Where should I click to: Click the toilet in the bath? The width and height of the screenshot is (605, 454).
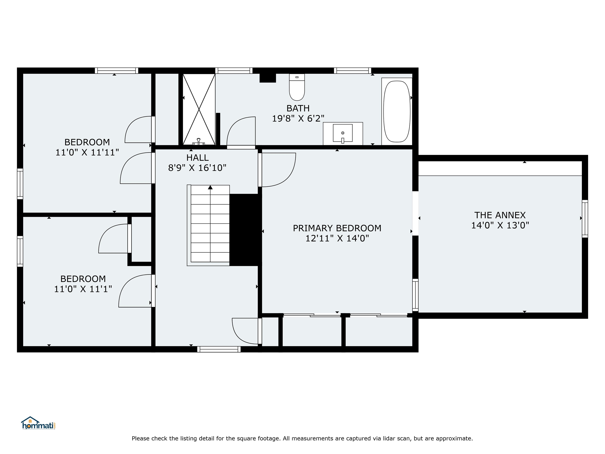pos(297,87)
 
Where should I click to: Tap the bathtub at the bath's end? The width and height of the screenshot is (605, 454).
pos(397,111)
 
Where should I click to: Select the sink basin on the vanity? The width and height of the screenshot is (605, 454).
pos(342,133)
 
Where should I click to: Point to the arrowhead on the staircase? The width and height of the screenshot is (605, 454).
pos(210,187)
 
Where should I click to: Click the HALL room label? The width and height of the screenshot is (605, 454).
pos(198,158)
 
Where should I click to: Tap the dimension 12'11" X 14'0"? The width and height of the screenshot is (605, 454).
pos(337,238)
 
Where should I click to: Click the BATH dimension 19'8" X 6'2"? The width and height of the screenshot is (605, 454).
pos(298,118)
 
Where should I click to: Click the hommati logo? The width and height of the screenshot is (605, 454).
pos(38,424)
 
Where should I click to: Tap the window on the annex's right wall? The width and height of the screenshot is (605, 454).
pos(585,218)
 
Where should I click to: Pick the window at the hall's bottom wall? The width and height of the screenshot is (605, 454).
pos(219,349)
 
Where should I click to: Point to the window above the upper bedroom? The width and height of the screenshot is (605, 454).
pos(117,71)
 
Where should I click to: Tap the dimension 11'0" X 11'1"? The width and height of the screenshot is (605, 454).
pos(83,289)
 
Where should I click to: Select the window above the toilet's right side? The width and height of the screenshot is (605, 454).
pos(352,71)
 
